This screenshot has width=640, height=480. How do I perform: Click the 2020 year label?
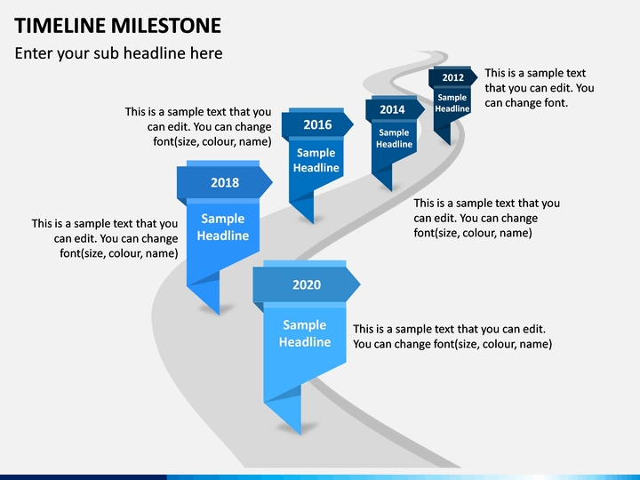click(x=307, y=284)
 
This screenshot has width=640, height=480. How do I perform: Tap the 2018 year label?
click(x=225, y=182)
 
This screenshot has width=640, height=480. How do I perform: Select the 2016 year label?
click(x=317, y=124)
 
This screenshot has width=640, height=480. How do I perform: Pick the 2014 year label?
click(x=392, y=109)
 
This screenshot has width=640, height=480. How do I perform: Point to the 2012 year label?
click(x=453, y=77)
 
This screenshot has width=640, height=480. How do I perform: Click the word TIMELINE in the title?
click(x=60, y=25)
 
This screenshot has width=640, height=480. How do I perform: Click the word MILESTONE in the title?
click(x=166, y=25)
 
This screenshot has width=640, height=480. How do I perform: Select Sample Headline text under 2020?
click(x=305, y=333)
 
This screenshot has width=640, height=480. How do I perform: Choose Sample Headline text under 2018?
click(x=223, y=227)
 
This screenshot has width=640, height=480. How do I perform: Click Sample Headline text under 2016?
click(x=316, y=160)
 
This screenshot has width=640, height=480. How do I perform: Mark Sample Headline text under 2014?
click(x=395, y=139)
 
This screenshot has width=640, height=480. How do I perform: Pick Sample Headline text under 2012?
click(x=452, y=103)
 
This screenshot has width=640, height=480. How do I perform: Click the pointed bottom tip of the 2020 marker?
click(x=300, y=435)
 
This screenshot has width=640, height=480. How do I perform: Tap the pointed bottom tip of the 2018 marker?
click(x=220, y=315)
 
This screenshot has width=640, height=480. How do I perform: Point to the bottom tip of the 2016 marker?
click(x=313, y=223)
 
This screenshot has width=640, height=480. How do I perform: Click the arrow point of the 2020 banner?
click(x=360, y=284)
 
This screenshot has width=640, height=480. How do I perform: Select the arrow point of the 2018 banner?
click(x=272, y=182)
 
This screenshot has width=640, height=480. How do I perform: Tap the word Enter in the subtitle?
click(x=34, y=53)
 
